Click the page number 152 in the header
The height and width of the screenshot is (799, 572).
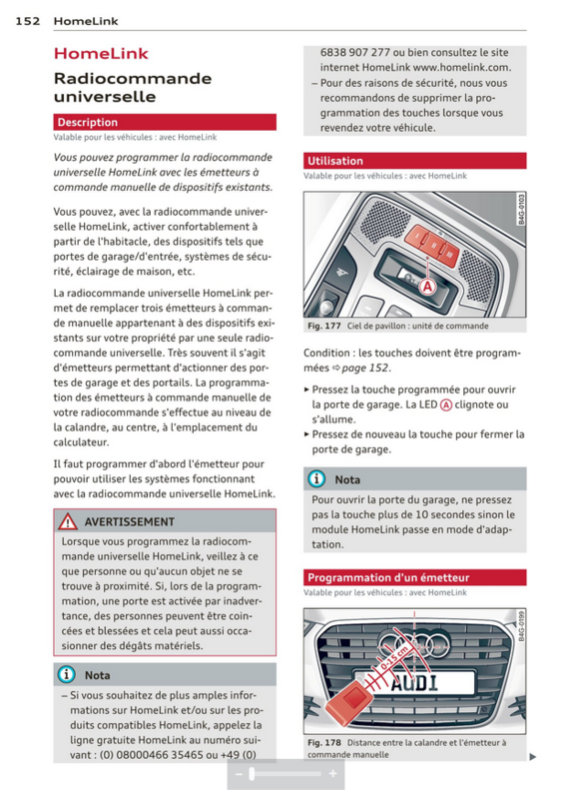(x=28, y=21)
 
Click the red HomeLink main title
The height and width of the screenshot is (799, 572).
(x=101, y=54)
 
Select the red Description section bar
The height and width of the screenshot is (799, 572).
(x=165, y=122)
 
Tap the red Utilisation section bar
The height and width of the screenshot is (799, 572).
(x=414, y=161)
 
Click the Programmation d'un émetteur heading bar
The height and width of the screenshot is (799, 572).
(x=414, y=577)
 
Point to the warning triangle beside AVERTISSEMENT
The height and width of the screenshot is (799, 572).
(x=68, y=521)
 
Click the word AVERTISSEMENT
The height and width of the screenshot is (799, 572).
(x=130, y=521)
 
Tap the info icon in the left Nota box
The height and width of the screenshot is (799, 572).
(x=66, y=675)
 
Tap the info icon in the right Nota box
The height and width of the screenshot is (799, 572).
(x=316, y=479)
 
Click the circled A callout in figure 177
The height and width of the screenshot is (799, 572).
(x=428, y=287)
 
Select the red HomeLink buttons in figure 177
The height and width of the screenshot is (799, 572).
(x=432, y=243)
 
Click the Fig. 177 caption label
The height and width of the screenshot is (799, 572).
(x=324, y=326)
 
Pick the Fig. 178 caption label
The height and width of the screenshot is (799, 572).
(x=324, y=742)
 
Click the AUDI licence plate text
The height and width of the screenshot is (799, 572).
(x=414, y=682)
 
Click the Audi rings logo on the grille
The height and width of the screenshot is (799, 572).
(x=413, y=642)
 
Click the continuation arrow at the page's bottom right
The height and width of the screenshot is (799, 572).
(x=533, y=757)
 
